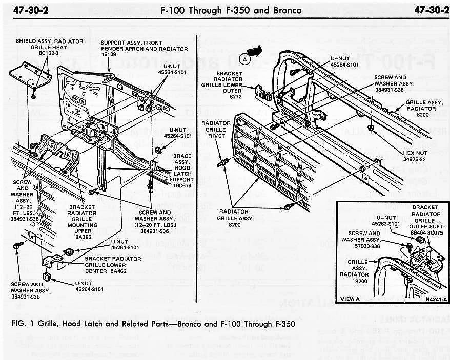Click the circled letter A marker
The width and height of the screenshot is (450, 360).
(x=245, y=59)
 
